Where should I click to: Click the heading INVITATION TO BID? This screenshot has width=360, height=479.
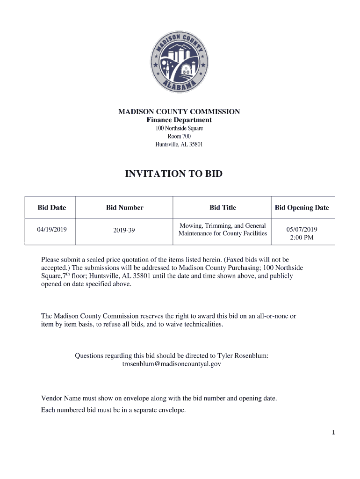[174, 174]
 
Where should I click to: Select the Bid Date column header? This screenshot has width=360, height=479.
[52, 208]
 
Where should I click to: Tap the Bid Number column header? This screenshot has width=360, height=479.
[124, 208]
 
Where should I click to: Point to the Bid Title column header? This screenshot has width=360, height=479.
[223, 208]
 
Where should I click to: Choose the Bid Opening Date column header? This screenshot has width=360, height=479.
[302, 208]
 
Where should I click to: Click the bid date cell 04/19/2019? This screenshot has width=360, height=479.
[52, 230]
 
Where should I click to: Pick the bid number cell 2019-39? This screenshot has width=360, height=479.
[124, 230]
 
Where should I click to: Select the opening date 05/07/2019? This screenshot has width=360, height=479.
[302, 229]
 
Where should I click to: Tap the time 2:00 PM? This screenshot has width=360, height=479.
[302, 238]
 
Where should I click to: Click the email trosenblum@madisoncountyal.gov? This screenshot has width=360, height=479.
[172, 363]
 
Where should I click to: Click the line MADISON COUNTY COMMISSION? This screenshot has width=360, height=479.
[179, 112]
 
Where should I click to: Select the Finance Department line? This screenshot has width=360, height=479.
[179, 120]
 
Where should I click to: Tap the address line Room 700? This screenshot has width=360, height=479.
[179, 136]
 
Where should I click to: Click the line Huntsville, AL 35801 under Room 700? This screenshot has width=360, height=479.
[179, 145]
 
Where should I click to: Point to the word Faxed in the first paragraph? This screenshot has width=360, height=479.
[224, 259]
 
